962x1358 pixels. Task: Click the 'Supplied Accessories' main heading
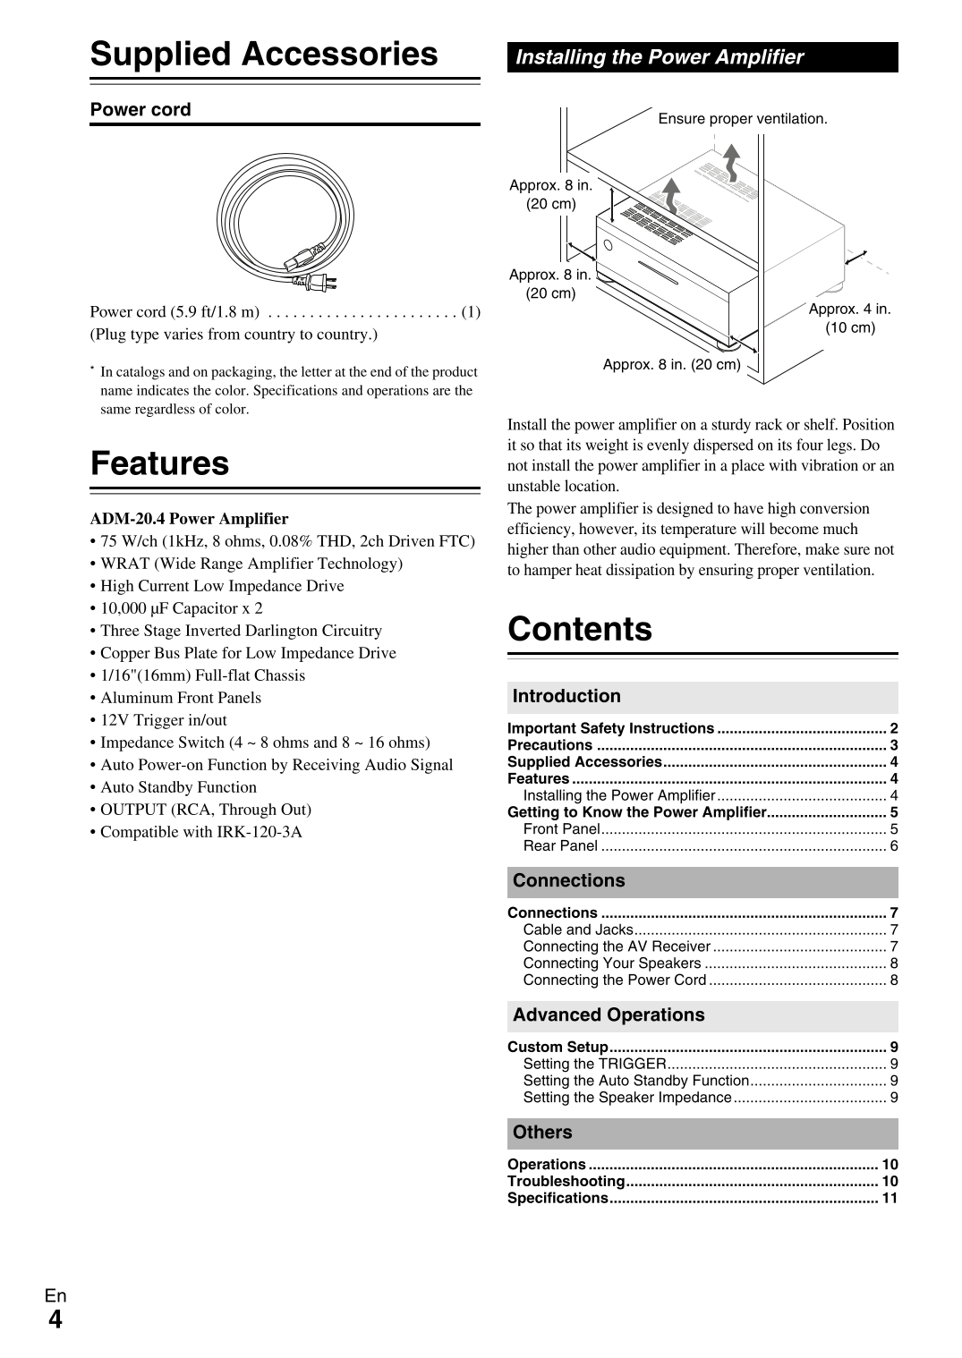tap(264, 55)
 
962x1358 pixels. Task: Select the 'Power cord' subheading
tap(140, 110)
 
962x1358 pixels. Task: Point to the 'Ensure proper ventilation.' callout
tap(742, 119)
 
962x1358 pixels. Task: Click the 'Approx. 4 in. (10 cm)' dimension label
tap(849, 318)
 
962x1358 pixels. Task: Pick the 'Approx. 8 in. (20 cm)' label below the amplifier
tap(671, 365)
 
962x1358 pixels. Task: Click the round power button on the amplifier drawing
tap(609, 245)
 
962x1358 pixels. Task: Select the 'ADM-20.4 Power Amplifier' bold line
tap(189, 519)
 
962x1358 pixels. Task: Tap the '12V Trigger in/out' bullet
tap(163, 720)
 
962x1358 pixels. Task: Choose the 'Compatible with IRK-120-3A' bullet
tap(200, 832)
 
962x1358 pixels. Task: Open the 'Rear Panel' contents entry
tap(560, 846)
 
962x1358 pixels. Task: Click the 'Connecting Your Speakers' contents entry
tap(612, 963)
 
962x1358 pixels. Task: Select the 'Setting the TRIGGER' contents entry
tap(594, 1064)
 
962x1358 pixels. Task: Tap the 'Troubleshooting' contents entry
tap(566, 1181)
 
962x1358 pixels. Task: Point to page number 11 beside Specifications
tap(890, 1198)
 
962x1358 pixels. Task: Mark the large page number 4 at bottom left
tap(55, 1320)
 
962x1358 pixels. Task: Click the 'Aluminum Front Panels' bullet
tap(181, 698)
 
